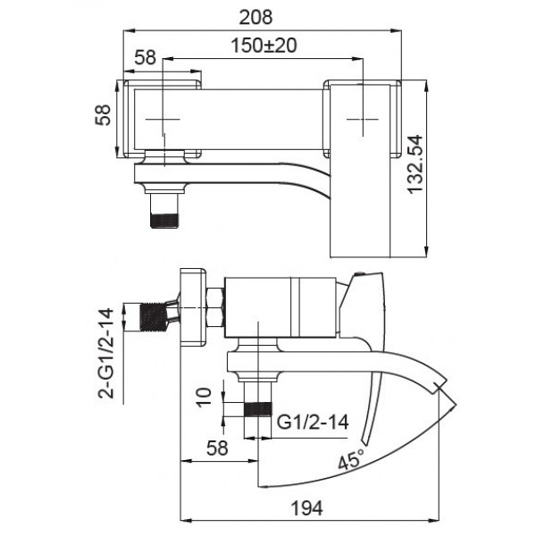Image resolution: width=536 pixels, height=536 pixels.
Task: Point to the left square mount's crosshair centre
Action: point(163,118)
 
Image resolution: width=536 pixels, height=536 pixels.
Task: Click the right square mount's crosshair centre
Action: point(362,118)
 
